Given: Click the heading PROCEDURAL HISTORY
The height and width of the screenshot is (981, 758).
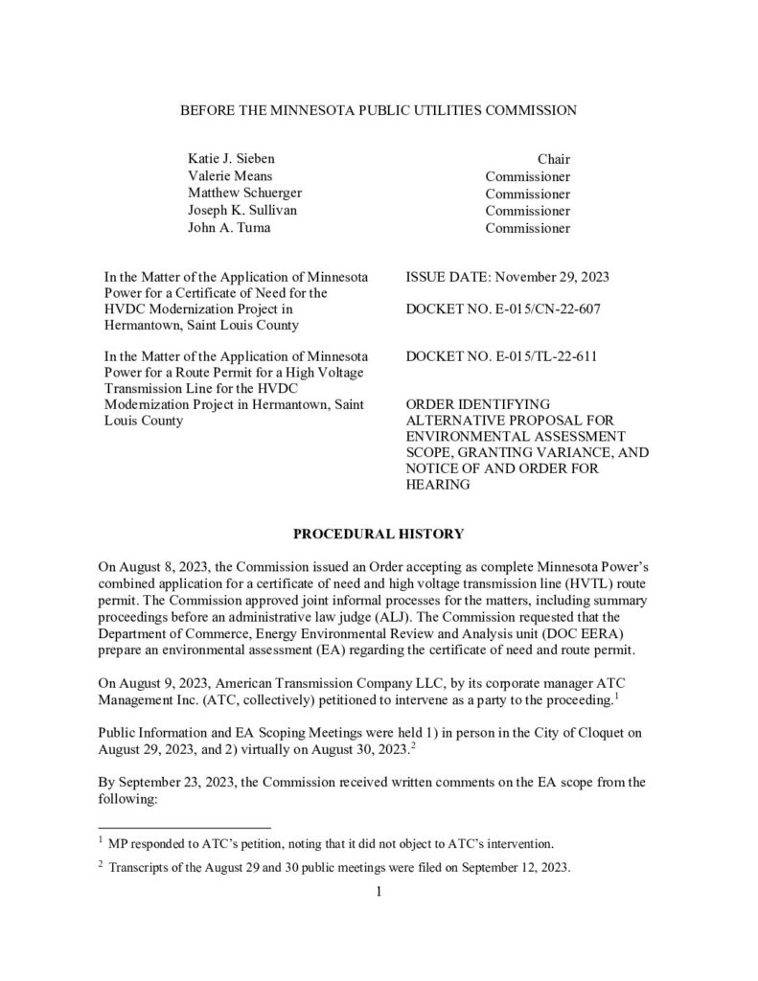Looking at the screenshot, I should tap(379, 533).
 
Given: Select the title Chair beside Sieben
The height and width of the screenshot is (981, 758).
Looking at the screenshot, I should tap(553, 159).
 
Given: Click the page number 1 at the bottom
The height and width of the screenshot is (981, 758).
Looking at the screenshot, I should tap(379, 893).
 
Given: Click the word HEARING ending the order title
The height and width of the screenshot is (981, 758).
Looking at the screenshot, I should tap(438, 485).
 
